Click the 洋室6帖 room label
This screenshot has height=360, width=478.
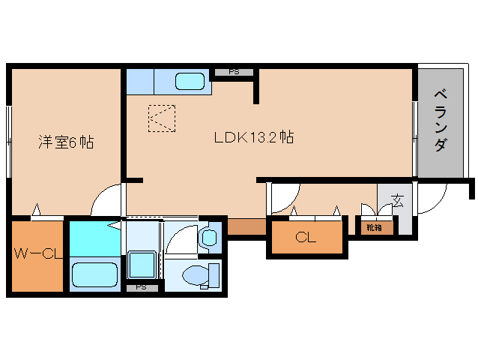[66, 142]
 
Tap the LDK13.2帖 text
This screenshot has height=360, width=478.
[254, 137]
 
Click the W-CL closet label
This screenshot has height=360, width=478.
[38, 253]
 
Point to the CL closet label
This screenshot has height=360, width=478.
[306, 237]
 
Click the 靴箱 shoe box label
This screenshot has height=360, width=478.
[374, 227]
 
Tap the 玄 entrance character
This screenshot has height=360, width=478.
[397, 200]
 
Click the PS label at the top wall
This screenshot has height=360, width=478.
[234, 72]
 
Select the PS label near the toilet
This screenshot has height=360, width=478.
[141, 287]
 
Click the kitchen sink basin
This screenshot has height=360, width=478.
[190, 81]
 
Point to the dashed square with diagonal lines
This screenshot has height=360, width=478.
[162, 118]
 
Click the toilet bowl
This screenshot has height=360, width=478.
[196, 276]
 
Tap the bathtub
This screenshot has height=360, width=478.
[95, 275]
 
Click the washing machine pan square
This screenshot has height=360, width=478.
[142, 265]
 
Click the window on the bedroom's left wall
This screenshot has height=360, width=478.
[9, 142]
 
